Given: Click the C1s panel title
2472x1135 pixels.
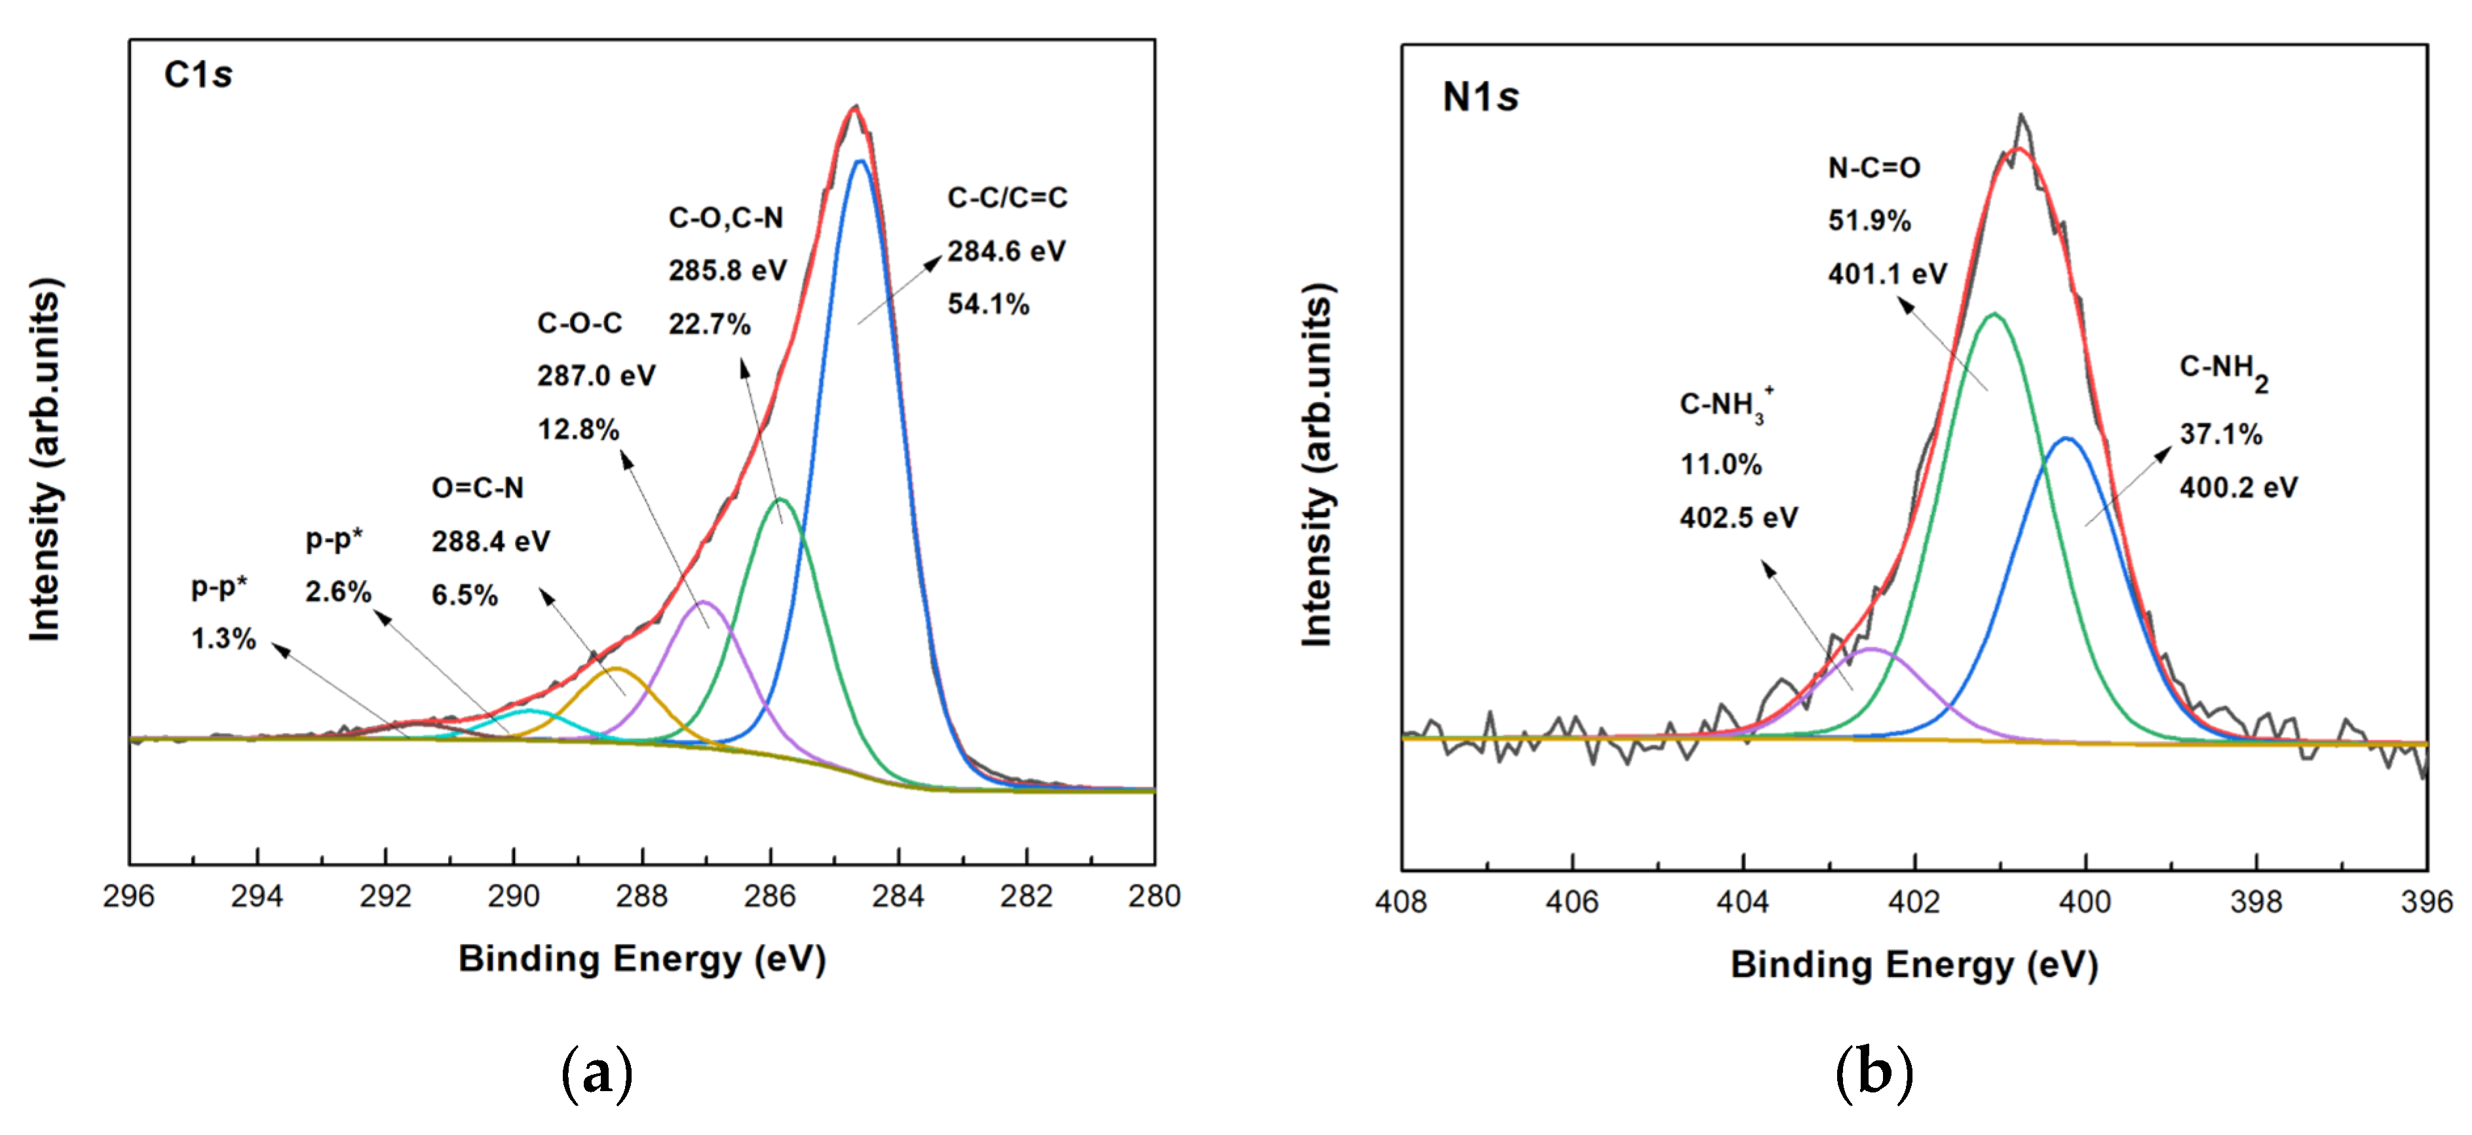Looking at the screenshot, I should click(198, 74).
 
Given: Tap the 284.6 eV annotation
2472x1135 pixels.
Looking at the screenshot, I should click(1006, 251).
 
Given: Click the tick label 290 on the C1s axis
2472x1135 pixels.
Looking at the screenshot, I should click(514, 896).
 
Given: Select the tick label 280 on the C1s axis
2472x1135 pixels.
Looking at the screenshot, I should click(1154, 896).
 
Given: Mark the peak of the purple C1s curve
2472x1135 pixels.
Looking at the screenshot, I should click(704, 602).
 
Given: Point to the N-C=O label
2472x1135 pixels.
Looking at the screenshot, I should click(1873, 168).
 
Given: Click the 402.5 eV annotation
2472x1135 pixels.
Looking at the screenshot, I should click(1738, 518).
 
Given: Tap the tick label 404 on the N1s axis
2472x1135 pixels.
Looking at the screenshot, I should click(1743, 902).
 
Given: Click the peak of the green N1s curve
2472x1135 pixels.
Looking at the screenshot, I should click(1994, 314).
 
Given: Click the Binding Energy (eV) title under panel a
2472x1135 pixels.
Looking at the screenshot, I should click(641, 958).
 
